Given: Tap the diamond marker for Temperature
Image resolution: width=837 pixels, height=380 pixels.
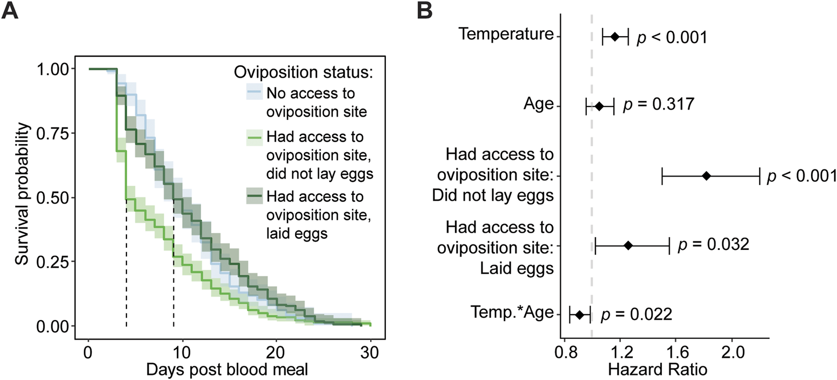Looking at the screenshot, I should point(615,37).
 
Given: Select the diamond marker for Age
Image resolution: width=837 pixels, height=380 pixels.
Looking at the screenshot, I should point(599,107).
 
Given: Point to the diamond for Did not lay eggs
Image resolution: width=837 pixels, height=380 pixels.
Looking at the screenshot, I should point(706,176).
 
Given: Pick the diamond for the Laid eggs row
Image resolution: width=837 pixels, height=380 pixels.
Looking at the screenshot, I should point(628,245).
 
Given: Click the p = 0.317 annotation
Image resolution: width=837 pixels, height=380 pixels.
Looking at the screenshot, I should point(658,105).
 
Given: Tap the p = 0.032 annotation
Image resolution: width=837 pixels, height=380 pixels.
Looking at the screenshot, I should point(713,244).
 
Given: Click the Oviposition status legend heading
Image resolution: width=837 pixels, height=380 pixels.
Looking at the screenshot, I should point(306,72).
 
